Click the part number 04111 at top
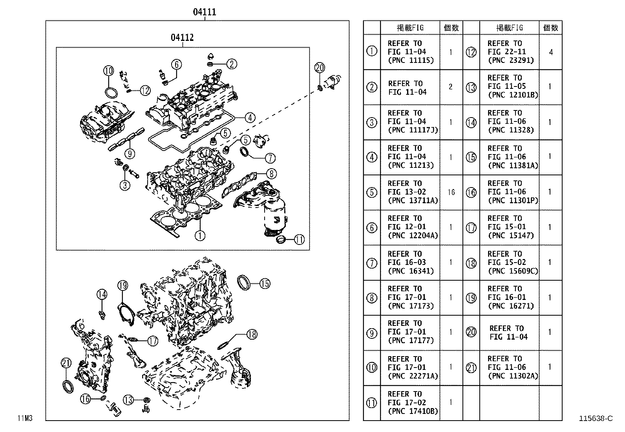[204, 12]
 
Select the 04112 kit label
[182, 37]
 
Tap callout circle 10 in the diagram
[109, 71]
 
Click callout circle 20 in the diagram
[320, 68]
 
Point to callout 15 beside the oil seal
[265, 283]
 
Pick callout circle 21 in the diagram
[66, 363]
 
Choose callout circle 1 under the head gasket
[200, 235]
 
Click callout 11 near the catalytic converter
[299, 239]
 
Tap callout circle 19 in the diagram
[122, 285]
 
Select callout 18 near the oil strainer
[252, 334]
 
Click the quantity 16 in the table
[451, 192]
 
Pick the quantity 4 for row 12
[551, 52]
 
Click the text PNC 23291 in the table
[510, 61]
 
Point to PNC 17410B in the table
[413, 411]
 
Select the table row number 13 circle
[471, 87]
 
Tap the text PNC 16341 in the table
[411, 271]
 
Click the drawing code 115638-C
[596, 419]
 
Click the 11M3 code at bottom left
[24, 418]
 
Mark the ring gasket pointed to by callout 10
[111, 93]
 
